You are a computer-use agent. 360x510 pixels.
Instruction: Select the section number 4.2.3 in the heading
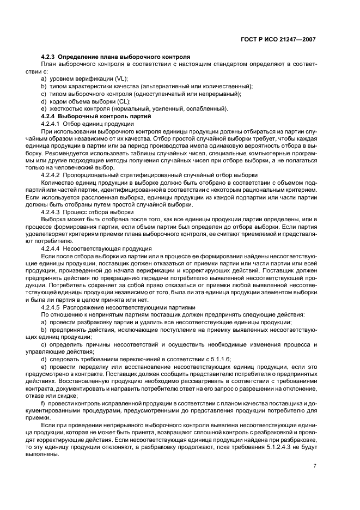click(x=48, y=57)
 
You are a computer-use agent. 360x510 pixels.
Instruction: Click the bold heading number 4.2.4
click(x=48, y=116)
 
